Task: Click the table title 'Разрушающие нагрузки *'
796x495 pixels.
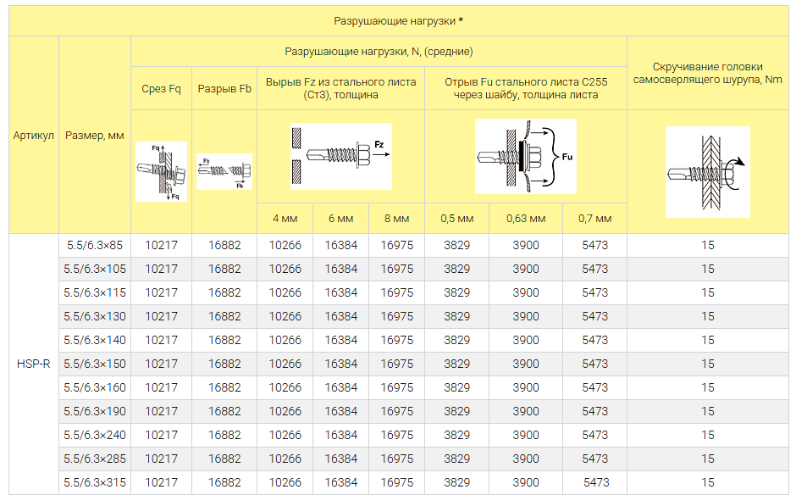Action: coord(399,21)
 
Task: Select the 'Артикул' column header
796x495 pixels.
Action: coord(34,135)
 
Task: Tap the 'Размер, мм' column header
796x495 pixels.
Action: coord(95,136)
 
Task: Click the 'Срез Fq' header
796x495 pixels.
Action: coord(161,88)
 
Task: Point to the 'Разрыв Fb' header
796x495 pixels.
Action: coord(224,88)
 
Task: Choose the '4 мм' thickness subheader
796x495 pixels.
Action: coord(285,219)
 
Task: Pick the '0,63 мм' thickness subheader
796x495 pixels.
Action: coord(525,219)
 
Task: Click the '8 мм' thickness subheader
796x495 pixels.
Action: coord(396,219)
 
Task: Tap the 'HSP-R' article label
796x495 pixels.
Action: coord(34,364)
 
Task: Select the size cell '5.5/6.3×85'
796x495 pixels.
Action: coord(95,245)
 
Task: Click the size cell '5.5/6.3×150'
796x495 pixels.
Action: coord(95,364)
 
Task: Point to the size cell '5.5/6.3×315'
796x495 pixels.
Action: coord(95,482)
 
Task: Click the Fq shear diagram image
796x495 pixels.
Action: coord(162,172)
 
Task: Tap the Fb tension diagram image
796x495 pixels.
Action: coord(224,172)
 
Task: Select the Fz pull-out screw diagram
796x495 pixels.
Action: coord(341,157)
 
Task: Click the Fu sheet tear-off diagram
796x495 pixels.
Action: coord(525,157)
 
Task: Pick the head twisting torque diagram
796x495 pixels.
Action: coord(708,172)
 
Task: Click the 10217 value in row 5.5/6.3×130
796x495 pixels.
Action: coord(162,316)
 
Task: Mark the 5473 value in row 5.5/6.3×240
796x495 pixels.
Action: coord(595,435)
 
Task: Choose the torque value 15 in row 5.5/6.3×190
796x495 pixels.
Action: coord(708,411)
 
